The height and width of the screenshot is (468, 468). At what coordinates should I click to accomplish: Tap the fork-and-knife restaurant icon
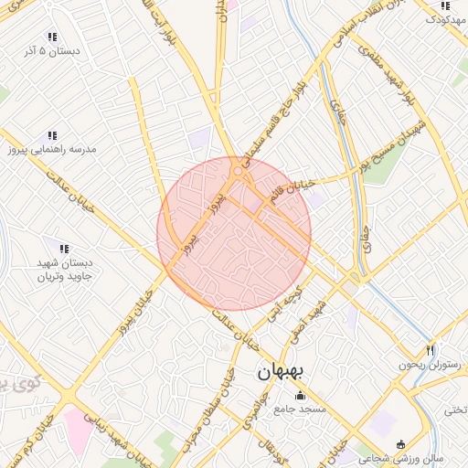431,349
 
